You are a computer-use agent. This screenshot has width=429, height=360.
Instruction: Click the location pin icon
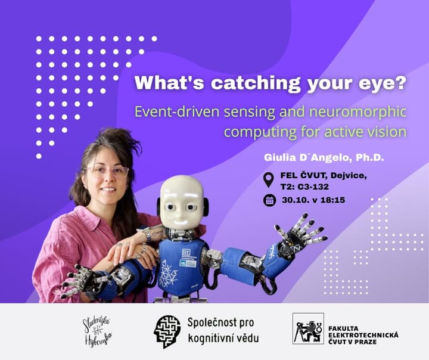269,179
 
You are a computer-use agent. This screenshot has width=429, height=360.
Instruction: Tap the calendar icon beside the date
269,200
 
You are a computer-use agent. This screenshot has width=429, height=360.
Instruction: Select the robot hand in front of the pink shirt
83,280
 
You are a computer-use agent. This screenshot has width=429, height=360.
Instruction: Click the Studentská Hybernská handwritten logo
97,330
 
